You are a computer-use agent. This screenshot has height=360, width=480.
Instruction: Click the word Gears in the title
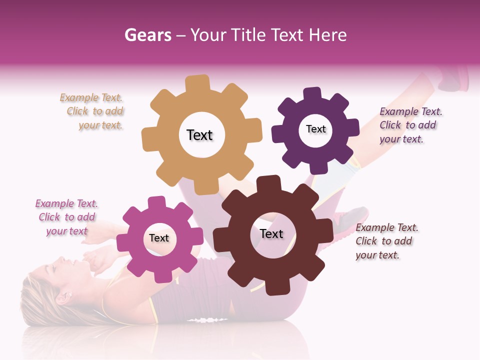click(147, 35)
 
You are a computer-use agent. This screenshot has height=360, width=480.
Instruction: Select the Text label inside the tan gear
click(199, 135)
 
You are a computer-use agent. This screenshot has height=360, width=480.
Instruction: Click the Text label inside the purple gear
click(315, 129)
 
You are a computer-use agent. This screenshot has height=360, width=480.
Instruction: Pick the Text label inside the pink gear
click(159, 238)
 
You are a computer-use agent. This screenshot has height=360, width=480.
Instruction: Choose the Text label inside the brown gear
click(271, 233)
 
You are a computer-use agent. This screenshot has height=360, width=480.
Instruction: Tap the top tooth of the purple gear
click(312, 94)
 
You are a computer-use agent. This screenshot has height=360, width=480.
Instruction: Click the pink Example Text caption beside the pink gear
click(67, 217)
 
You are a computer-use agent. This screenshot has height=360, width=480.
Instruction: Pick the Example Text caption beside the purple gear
click(409, 125)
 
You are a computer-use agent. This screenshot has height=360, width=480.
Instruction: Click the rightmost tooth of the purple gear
click(353, 127)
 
